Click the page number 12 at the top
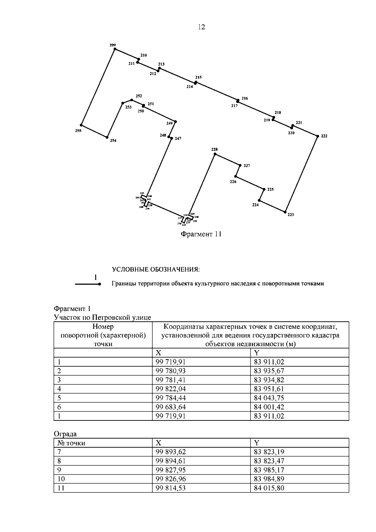[x=201, y=27]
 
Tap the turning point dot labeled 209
[x=115, y=49]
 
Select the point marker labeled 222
[x=317, y=136]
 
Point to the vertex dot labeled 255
[x=81, y=125]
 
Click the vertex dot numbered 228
[x=215, y=154]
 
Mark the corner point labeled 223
[x=285, y=212]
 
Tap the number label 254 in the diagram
[x=113, y=141]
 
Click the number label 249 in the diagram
[x=169, y=123]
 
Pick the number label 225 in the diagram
[x=270, y=189]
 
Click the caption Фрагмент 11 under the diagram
[x=201, y=234]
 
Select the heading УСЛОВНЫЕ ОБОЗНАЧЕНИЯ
[x=156, y=270]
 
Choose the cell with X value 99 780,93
[x=171, y=371]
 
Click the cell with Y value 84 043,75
[x=269, y=398]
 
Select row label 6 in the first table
[x=59, y=407]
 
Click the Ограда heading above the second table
[x=65, y=434]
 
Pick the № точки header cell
[x=71, y=443]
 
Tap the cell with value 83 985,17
[x=269, y=470]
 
